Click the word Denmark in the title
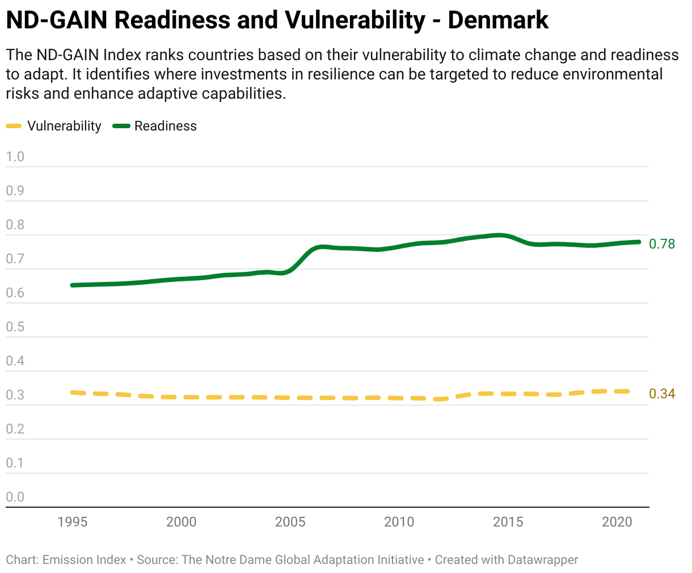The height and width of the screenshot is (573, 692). click(x=498, y=20)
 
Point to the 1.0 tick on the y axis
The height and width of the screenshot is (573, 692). click(x=15, y=157)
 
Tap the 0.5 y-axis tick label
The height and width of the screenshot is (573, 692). click(x=15, y=327)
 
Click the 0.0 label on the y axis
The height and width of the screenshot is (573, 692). click(x=15, y=497)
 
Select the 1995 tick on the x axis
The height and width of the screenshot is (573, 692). click(x=73, y=522)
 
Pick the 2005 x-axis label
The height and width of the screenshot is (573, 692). click(x=290, y=522)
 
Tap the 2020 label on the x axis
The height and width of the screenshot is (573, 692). click(x=617, y=522)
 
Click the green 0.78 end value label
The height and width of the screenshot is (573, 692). click(x=662, y=244)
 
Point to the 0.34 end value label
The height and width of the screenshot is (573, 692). click(x=662, y=394)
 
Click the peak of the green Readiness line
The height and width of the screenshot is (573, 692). click(x=499, y=235)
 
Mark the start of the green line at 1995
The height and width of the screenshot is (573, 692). click(x=73, y=285)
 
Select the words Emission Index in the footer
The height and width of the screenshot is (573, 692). click(x=85, y=560)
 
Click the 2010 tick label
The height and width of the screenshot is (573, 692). click(x=399, y=522)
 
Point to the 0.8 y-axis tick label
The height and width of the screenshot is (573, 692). click(x=15, y=225)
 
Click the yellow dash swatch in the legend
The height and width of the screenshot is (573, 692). click(x=14, y=126)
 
